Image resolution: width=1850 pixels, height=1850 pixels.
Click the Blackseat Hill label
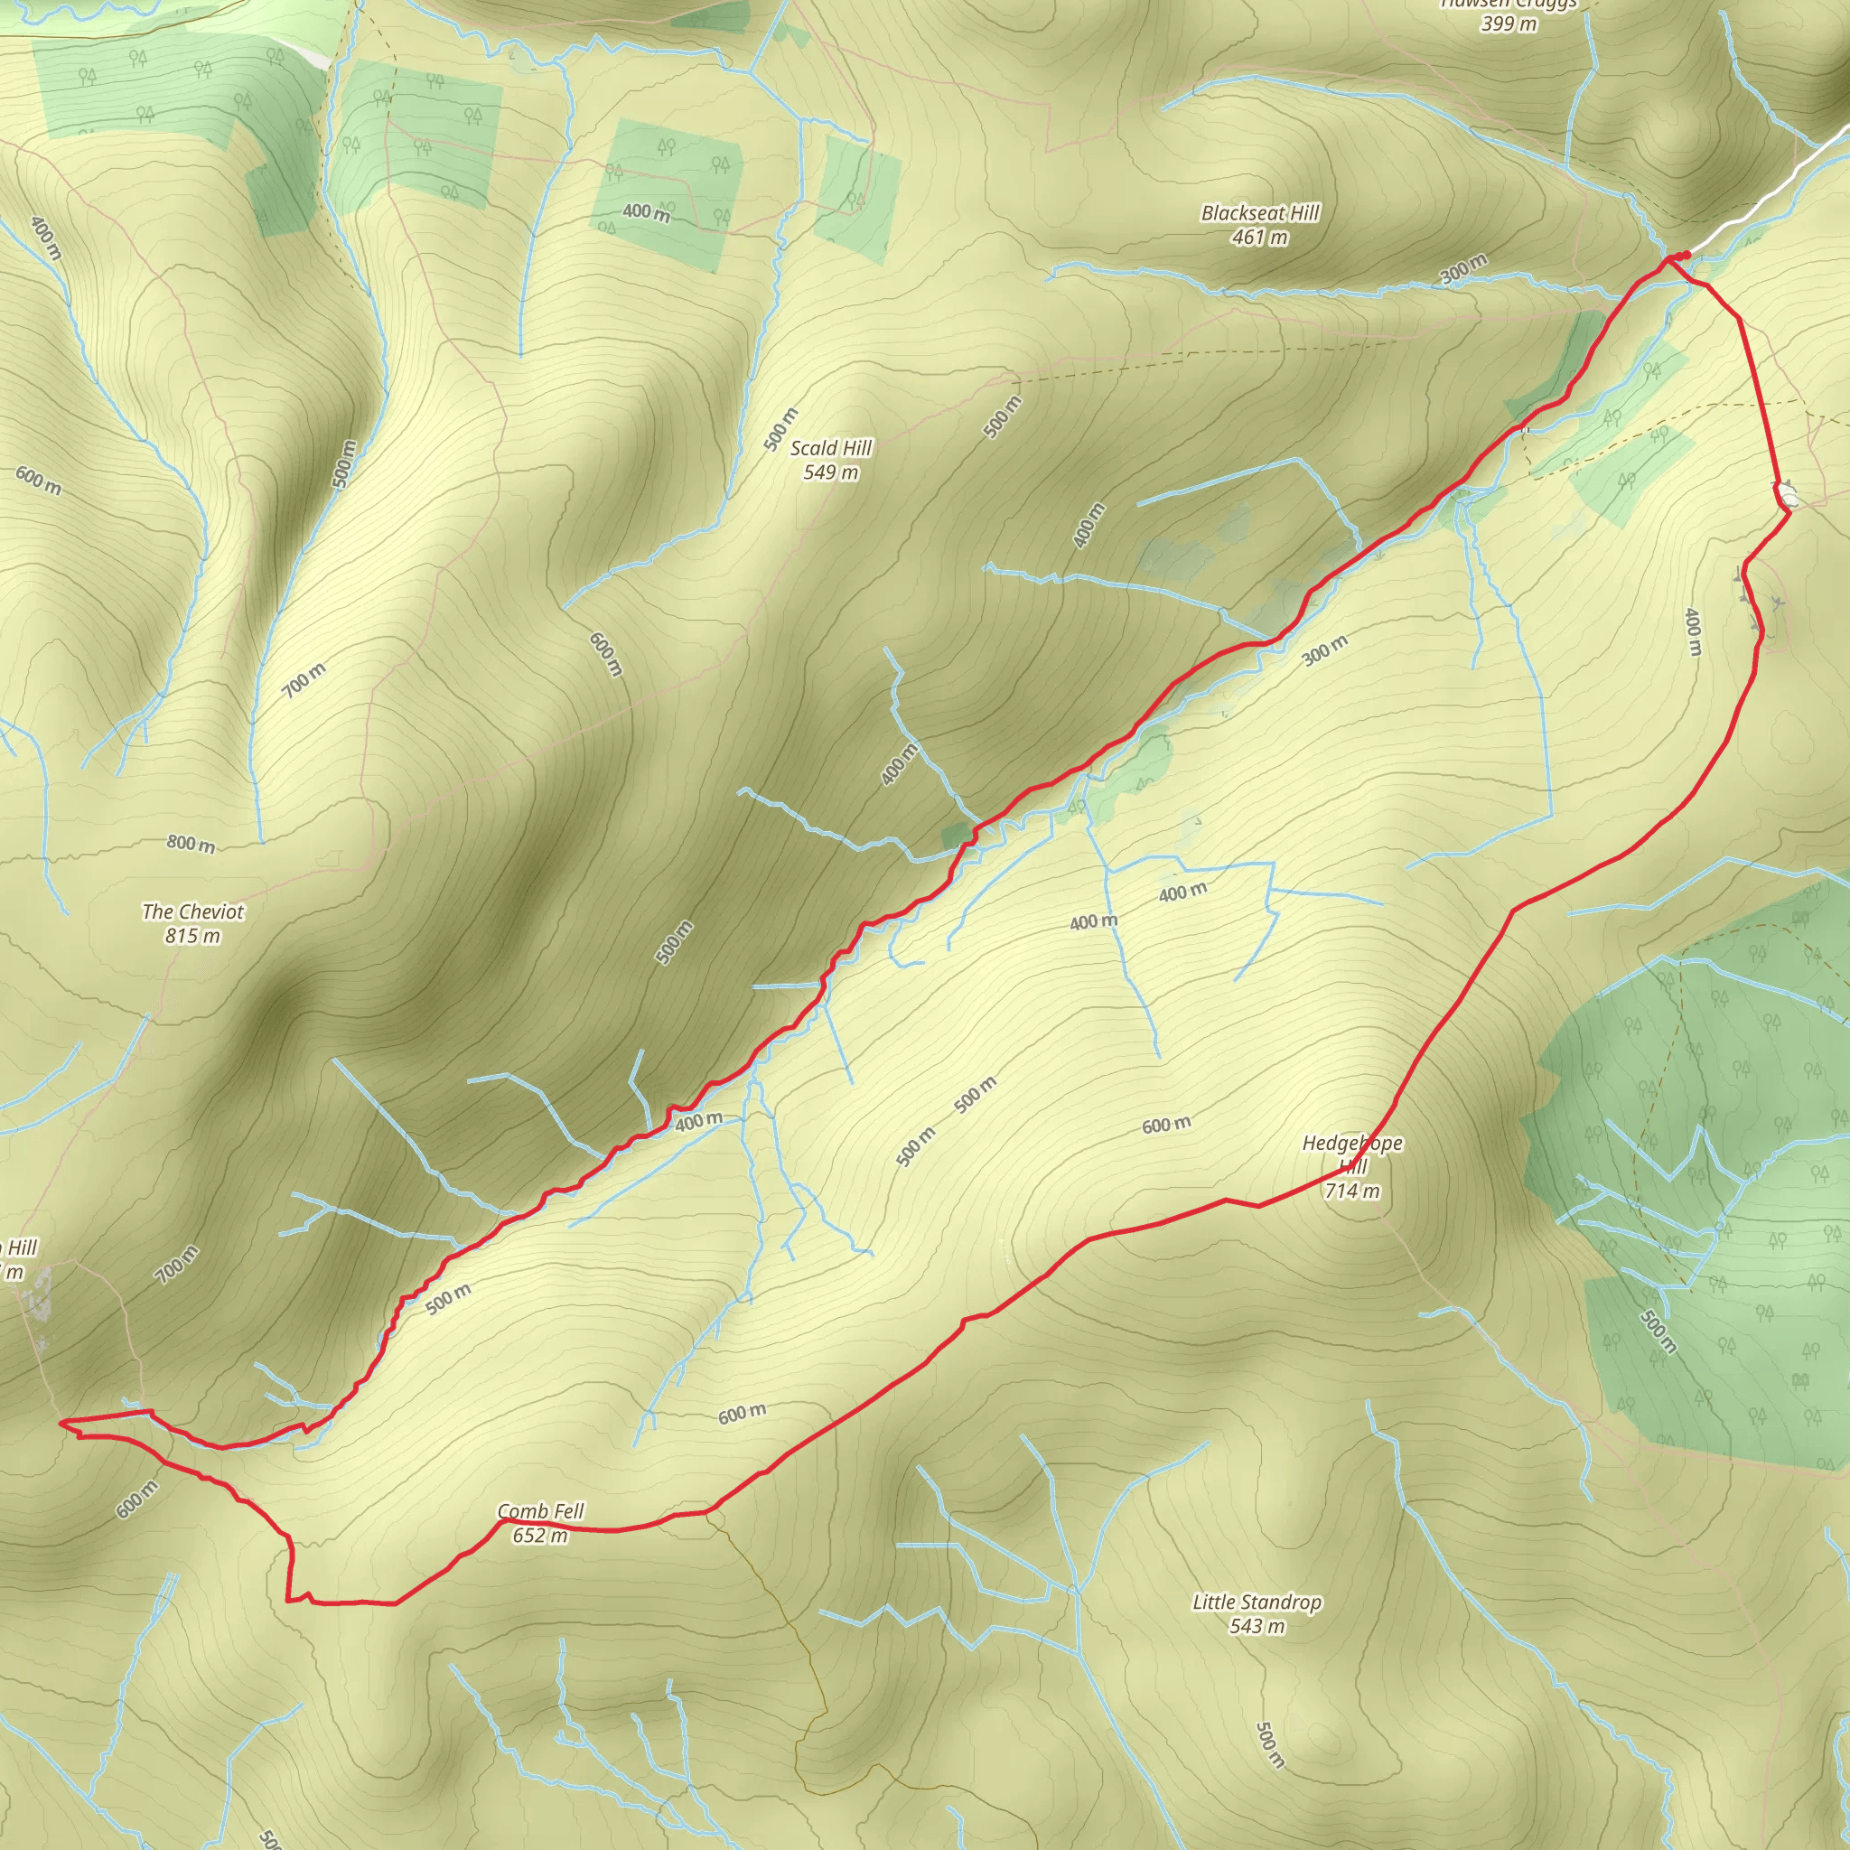[x=1260, y=212]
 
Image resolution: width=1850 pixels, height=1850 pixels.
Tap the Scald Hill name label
[x=830, y=448]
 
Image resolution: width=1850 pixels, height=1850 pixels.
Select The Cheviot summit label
[x=192, y=911]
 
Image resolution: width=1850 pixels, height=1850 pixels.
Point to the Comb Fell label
[x=540, y=1511]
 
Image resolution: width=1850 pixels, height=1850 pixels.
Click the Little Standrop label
[x=1257, y=1602]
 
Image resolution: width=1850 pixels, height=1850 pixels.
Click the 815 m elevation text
[x=192, y=936]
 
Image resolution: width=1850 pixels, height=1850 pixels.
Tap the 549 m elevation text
[x=830, y=472]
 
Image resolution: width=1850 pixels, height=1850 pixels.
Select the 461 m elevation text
[x=1259, y=237]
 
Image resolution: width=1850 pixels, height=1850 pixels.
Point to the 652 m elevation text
[x=540, y=1535]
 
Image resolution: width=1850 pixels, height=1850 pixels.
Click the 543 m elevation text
[x=1257, y=1626]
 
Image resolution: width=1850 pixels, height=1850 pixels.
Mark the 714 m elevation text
[x=1352, y=1191]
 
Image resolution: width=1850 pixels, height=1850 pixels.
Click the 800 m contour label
[x=191, y=844]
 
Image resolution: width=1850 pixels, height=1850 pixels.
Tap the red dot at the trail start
[x=1685, y=255]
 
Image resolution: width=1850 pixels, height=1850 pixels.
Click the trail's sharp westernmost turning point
[x=61, y=1422]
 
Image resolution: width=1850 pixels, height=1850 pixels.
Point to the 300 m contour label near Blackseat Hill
[x=1464, y=269]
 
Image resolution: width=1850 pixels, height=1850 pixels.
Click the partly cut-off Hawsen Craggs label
[x=1509, y=5]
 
